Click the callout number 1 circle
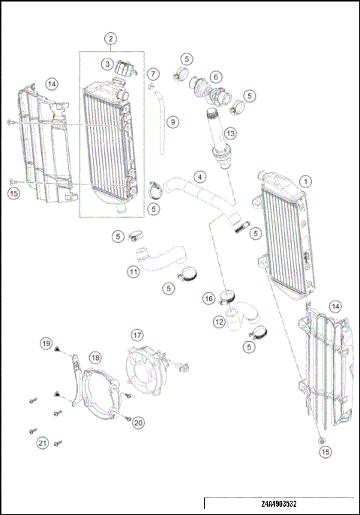(305, 181)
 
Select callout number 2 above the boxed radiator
(110, 37)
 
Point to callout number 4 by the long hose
(199, 177)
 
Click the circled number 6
(215, 76)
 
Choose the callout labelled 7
(153, 74)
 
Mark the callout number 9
(172, 121)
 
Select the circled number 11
(133, 272)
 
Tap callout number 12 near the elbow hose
(218, 322)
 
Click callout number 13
(230, 133)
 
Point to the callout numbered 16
(209, 299)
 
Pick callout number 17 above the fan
(137, 334)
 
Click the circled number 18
(95, 358)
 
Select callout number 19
(46, 344)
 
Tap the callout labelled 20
(138, 423)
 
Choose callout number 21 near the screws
(43, 444)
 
